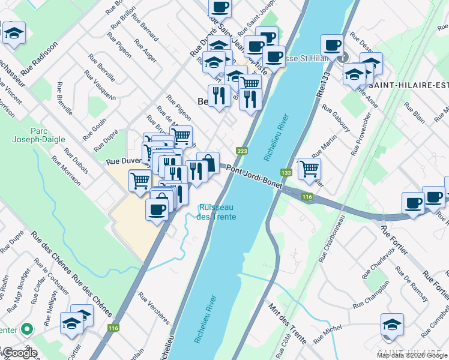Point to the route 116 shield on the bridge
pos(307,197)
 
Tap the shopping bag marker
pos(208,161)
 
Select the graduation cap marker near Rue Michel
pos(392,323)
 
